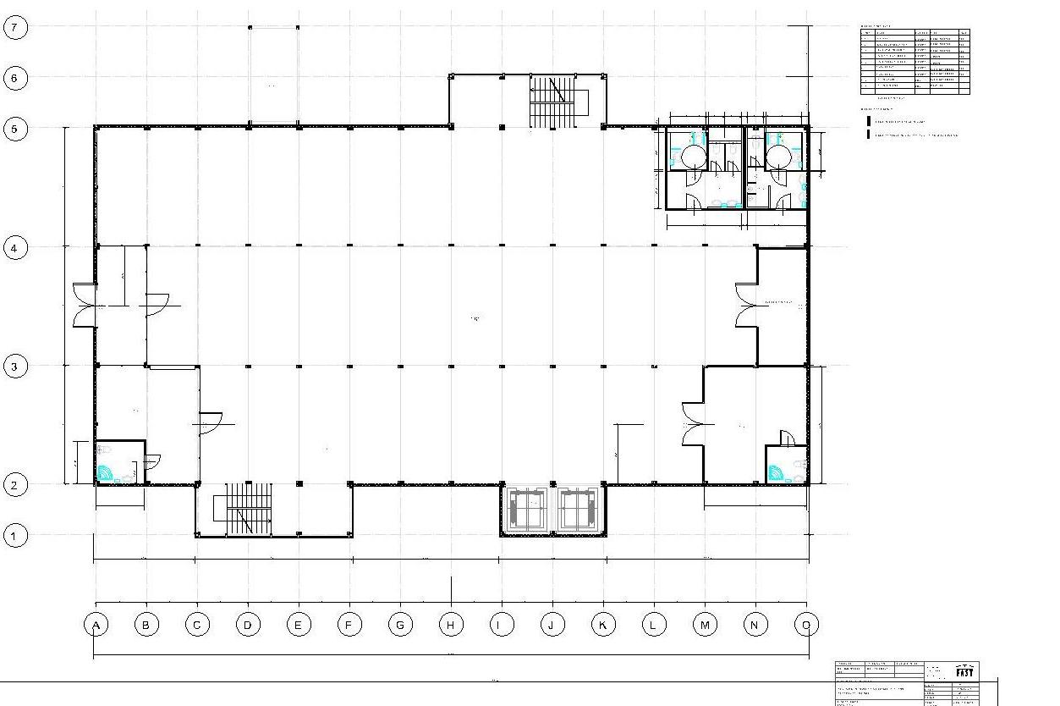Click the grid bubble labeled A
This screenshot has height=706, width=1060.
(96, 626)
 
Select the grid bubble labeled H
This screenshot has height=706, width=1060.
(451, 626)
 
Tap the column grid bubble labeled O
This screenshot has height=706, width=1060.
(806, 626)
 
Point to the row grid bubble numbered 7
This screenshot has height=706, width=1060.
(15, 27)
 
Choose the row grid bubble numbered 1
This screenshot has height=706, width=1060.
(15, 535)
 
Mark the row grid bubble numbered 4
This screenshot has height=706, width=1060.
(15, 248)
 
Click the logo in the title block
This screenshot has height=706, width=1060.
(964, 671)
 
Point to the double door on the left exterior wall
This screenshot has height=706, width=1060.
(85, 305)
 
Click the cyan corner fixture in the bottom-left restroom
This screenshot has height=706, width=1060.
(105, 473)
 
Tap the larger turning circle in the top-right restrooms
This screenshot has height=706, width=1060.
(694, 157)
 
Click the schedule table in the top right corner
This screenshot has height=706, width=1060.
(914, 61)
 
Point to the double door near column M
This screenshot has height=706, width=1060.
(694, 423)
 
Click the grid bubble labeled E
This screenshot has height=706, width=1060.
(299, 626)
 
